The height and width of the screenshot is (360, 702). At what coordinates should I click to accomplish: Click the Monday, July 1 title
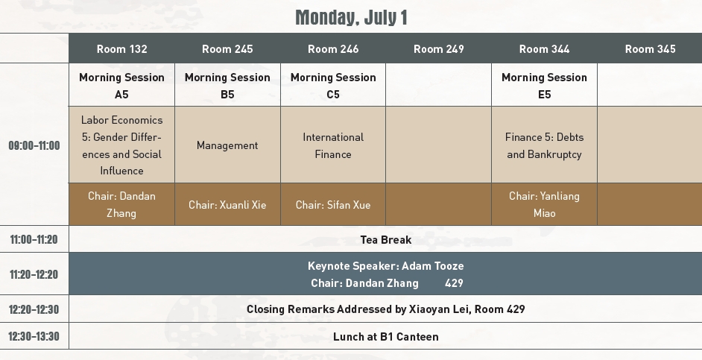[352, 18]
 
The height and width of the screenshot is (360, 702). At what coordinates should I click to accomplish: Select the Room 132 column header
[121, 48]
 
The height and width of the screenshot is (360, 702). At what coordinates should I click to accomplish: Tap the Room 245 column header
[227, 48]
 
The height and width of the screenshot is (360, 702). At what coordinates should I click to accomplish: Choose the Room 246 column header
[333, 48]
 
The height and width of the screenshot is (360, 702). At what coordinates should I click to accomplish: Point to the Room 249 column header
[439, 48]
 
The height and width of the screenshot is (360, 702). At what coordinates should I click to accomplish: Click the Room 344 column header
[545, 48]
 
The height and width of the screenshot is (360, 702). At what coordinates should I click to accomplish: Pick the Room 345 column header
[650, 48]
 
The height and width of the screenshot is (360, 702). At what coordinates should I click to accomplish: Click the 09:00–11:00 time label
[34, 145]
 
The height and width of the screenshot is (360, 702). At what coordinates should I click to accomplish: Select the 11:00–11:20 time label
[34, 239]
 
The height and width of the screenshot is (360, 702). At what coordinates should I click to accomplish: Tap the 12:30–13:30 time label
[34, 336]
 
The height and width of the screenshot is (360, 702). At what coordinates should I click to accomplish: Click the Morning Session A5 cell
[121, 86]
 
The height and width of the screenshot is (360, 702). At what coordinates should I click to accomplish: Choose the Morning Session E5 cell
[545, 86]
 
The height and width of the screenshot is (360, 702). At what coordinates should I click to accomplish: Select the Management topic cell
[227, 145]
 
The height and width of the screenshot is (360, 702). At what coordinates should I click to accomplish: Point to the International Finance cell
[333, 145]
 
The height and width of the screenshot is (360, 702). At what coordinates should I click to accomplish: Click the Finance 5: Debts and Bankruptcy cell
[545, 145]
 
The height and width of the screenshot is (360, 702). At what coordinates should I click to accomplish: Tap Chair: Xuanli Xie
[227, 205]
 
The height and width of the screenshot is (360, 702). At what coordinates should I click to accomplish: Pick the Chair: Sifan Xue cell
[333, 205]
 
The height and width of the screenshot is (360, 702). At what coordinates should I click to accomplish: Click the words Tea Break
[386, 239]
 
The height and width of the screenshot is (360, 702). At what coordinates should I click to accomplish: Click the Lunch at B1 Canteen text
[386, 336]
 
